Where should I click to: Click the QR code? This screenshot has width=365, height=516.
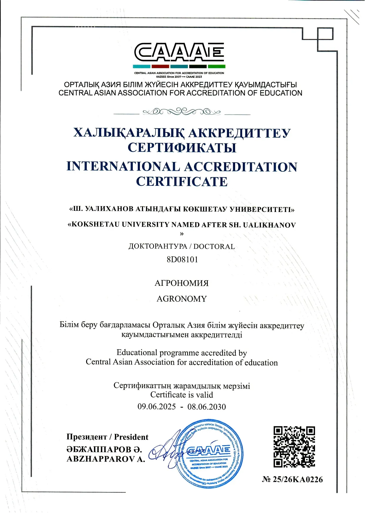point(294,447)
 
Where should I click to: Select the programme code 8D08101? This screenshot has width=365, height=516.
point(182,260)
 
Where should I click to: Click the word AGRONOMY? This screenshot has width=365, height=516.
point(182,299)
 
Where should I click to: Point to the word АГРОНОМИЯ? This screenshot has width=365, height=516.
point(182,283)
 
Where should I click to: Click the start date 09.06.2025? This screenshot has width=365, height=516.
point(157,407)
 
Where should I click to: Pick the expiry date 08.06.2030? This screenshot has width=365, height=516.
point(207,407)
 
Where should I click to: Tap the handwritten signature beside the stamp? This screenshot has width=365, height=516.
point(165,450)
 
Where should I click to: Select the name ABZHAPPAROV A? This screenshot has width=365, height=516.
point(106,459)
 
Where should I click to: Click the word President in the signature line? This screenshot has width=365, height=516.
point(131,437)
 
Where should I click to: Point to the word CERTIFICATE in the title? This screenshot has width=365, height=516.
point(182,181)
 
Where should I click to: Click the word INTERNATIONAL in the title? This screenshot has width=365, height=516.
point(123,166)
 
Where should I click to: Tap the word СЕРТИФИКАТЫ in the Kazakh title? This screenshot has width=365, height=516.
point(182,147)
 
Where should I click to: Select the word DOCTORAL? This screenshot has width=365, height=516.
point(214,246)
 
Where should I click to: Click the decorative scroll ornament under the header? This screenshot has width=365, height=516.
point(182,112)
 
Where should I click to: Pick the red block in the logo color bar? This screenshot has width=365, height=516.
point(160,66)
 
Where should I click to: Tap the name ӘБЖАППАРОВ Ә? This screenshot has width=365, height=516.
point(104,449)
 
